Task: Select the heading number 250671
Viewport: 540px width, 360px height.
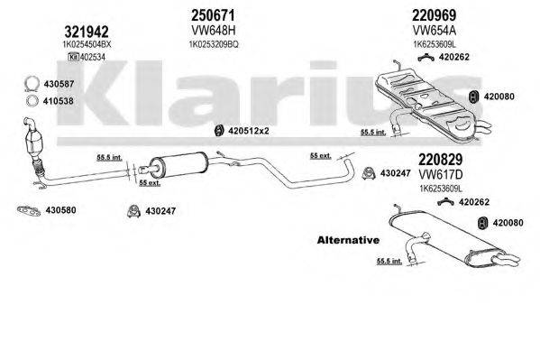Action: pyautogui.click(x=214, y=15)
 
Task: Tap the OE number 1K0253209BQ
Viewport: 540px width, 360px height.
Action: pyautogui.click(x=213, y=42)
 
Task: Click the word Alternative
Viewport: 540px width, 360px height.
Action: pyautogui.click(x=348, y=240)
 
